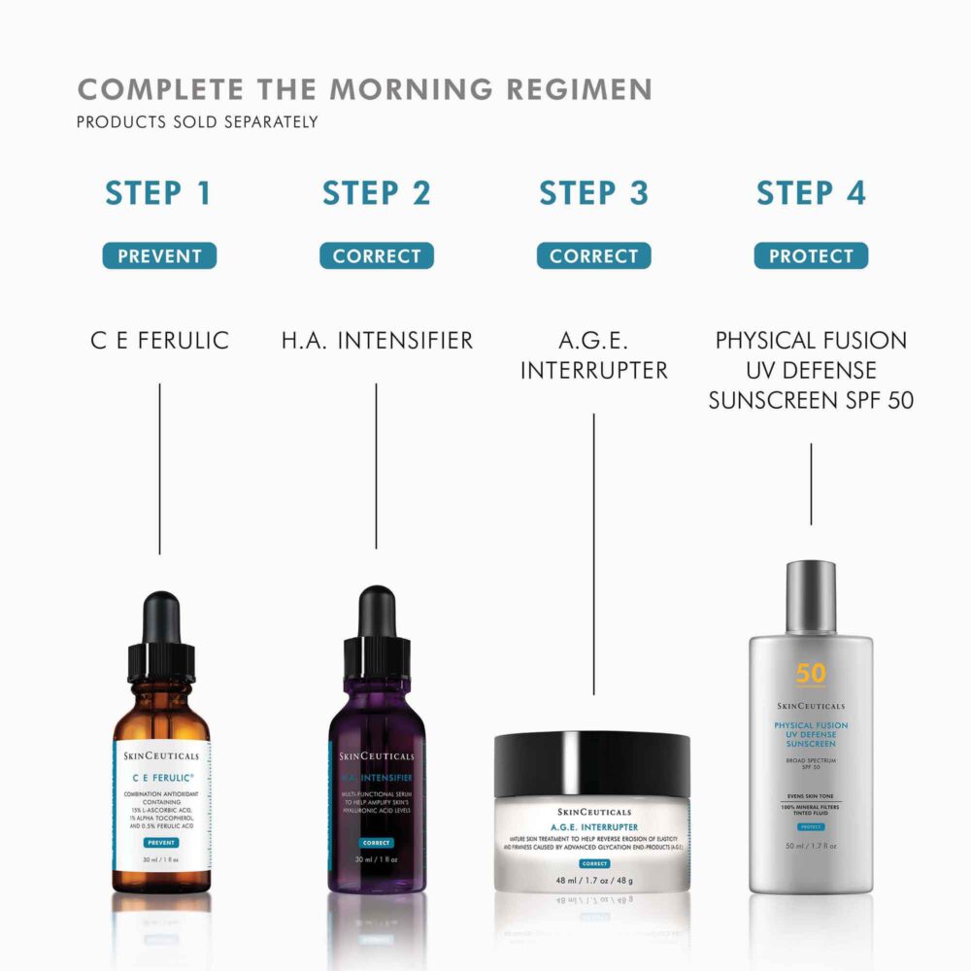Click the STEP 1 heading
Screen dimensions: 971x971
pos(158,192)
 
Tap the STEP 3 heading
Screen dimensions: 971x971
pos(593,192)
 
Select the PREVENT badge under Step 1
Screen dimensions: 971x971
pos(159,256)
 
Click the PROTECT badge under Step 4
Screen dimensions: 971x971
pos(811,256)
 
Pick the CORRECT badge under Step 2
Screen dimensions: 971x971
pos(377,256)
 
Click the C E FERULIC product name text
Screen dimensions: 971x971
pos(159,341)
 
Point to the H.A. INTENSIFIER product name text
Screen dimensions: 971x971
pos(377,341)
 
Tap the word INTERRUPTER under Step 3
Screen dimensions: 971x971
pos(593,370)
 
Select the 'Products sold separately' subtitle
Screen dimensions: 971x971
pos(197,122)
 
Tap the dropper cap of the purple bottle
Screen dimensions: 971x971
pos(376,631)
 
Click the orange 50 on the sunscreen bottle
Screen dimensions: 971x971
pos(811,673)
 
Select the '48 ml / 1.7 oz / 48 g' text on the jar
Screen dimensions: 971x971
pos(592,881)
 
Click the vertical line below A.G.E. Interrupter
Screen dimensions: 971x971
pos(593,553)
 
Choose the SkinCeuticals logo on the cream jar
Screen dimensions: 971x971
pos(592,812)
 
